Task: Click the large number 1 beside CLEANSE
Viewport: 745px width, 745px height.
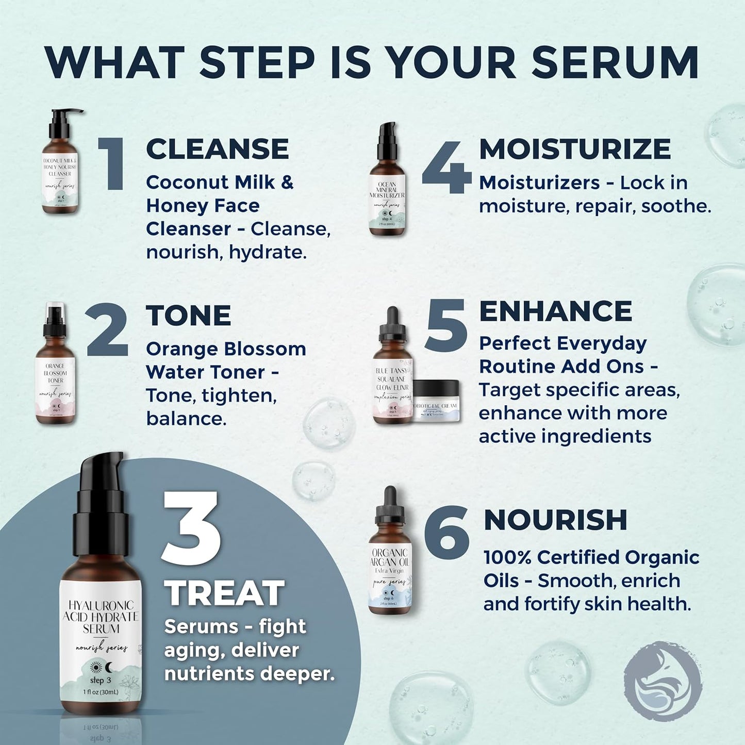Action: coord(113,164)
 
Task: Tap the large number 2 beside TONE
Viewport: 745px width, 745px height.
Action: coord(107,330)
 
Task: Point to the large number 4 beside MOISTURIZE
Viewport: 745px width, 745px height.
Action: coord(446,168)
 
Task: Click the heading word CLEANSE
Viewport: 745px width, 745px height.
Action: coord(217,149)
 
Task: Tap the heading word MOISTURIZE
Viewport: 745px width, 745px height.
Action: coord(575,149)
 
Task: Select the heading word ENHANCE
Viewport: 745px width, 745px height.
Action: coord(555,311)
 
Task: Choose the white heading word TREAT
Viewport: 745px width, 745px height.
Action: coord(225,593)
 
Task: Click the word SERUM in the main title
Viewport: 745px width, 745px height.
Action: coord(615,63)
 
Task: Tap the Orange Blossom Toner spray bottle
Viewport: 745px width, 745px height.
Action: coord(55,366)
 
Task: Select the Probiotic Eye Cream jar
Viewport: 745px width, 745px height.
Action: coord(436,402)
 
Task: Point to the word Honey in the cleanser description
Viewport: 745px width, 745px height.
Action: coord(174,206)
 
